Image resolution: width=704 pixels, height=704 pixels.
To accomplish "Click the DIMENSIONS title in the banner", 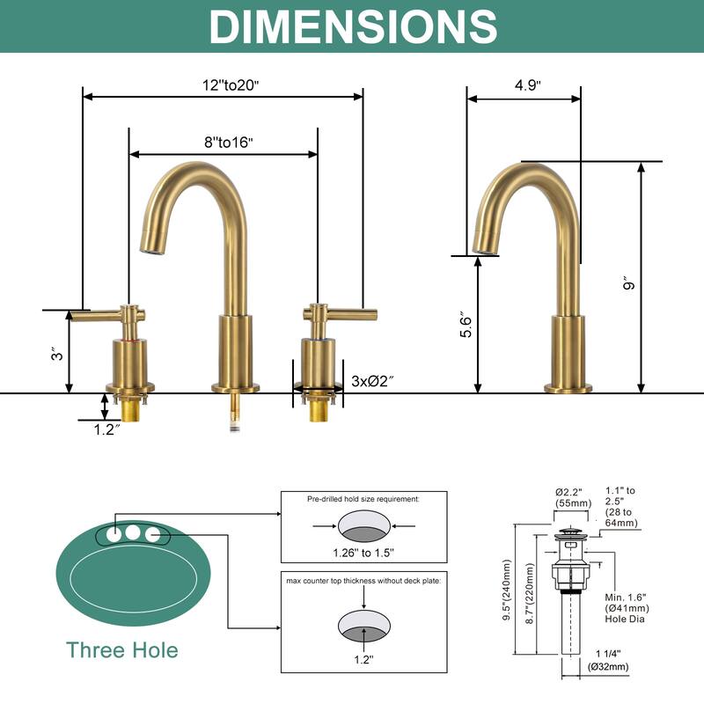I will click(x=352, y=26).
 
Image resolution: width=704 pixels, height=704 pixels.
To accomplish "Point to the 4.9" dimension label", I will click(x=527, y=85).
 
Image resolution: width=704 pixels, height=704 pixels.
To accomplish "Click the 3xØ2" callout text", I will click(x=372, y=381).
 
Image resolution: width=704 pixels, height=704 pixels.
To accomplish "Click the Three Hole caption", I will click(x=121, y=650).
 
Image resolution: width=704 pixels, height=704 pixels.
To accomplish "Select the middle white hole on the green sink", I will click(x=133, y=532).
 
